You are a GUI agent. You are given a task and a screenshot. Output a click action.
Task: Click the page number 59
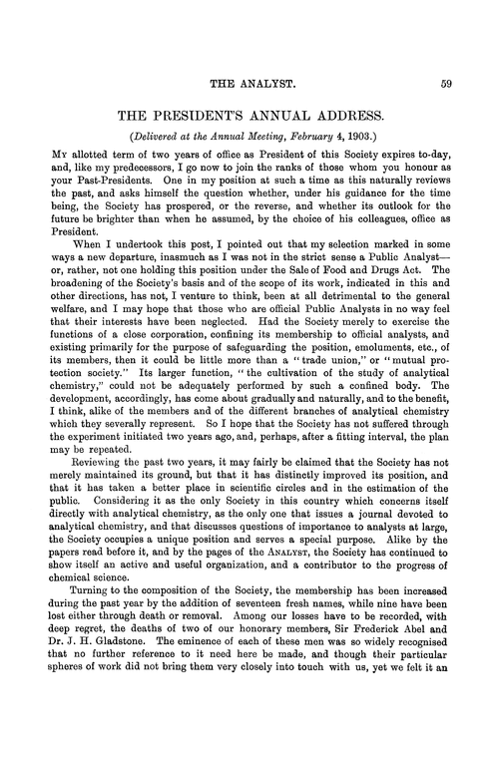(x=448, y=84)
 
